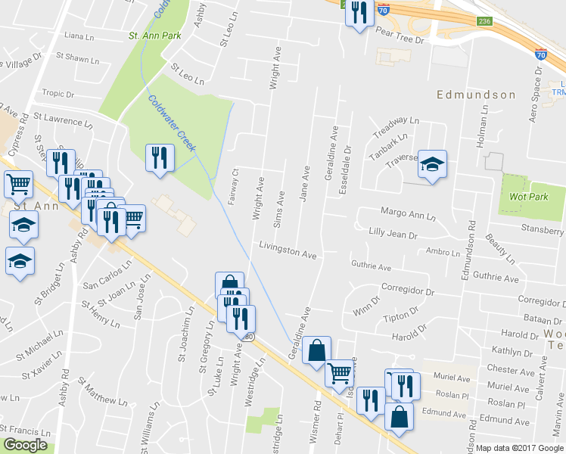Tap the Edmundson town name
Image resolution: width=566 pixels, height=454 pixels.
pyautogui.click(x=476, y=95)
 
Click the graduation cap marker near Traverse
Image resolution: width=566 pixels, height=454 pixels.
pyautogui.click(x=432, y=164)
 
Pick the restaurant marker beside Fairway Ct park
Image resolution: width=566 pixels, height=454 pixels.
pyautogui.click(x=159, y=158)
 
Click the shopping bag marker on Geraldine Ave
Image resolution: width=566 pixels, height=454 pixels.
pyautogui.click(x=316, y=351)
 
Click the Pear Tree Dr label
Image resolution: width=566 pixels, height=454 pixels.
pyautogui.click(x=400, y=33)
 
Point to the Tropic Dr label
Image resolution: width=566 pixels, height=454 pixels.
pyautogui.click(x=58, y=95)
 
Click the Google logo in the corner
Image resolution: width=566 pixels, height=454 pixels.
pyautogui.click(x=26, y=445)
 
